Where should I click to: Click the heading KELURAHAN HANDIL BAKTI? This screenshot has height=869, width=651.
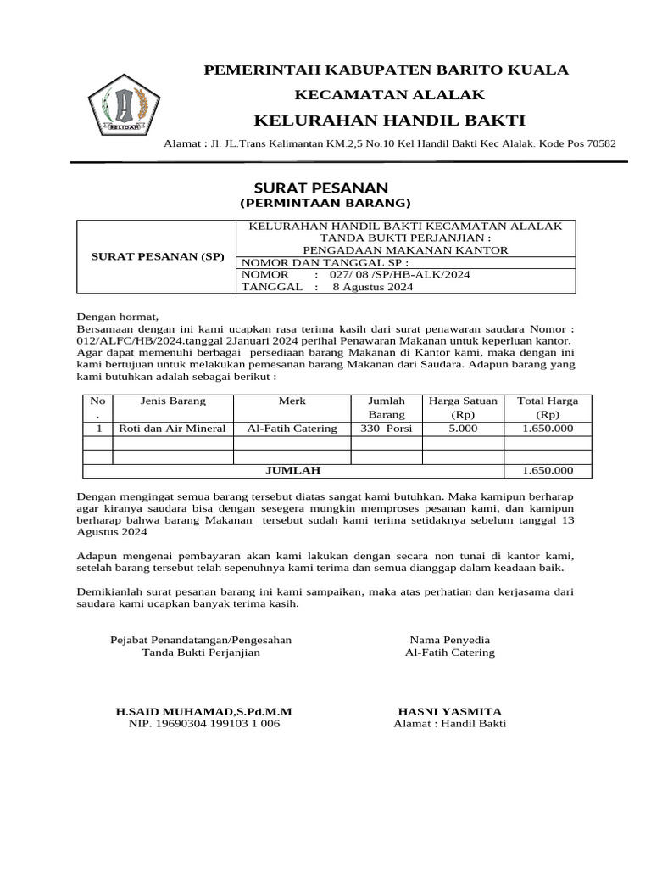coord(389,119)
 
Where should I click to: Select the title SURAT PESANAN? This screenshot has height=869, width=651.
coord(321,188)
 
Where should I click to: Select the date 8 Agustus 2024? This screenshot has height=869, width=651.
coord(372,287)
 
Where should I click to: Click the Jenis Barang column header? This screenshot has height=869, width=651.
coord(173,401)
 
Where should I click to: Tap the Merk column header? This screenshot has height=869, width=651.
coord(292,401)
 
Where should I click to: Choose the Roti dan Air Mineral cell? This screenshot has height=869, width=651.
coord(173,429)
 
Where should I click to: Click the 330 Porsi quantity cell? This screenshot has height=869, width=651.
coord(386,429)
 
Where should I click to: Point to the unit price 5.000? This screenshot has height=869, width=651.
coord(463,429)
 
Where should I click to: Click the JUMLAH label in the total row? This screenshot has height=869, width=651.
coord(293,470)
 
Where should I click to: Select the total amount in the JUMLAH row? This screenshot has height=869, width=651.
coord(548,470)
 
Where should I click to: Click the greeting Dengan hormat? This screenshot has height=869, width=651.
coord(118,316)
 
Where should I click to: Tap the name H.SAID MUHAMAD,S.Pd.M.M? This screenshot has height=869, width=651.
coord(203,710)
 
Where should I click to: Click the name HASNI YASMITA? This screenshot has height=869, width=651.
coord(449,710)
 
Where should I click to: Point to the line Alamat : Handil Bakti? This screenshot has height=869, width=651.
coord(449,723)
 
